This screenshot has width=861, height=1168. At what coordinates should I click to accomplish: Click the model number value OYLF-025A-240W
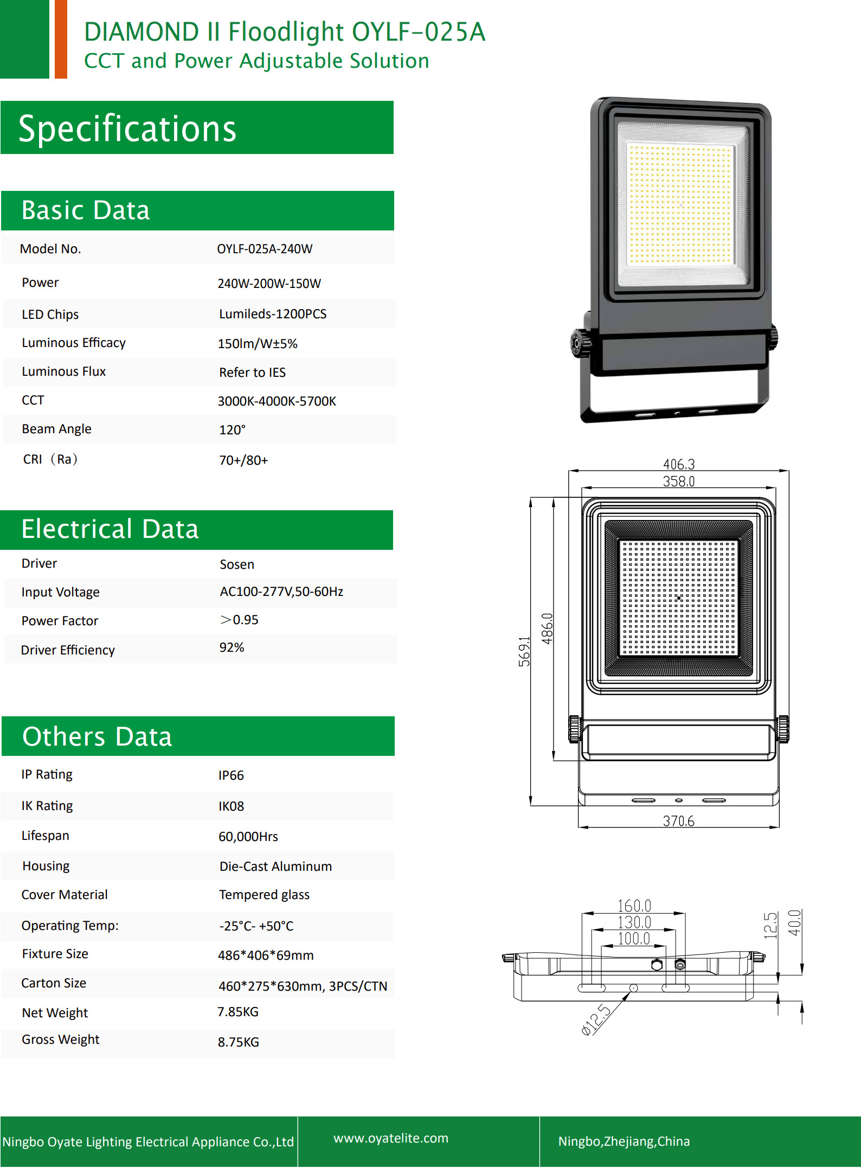coord(265,249)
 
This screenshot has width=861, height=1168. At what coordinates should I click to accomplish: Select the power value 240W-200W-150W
coord(269,284)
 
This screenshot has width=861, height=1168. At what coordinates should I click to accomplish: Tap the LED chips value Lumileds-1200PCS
coord(273,314)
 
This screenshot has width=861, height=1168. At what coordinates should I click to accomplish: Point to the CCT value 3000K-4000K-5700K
coord(277,401)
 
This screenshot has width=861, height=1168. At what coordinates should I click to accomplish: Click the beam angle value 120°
coord(232,430)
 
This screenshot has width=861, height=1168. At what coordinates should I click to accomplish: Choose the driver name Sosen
coord(237,564)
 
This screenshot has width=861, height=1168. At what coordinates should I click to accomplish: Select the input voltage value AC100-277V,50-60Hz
coord(281,592)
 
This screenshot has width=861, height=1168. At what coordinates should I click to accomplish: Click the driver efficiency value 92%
coord(232,647)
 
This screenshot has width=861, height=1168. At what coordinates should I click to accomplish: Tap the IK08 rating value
coord(231,806)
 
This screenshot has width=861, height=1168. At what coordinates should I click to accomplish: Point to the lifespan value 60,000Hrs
coord(248,837)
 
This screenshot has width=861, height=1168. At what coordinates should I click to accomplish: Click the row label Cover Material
coord(65,895)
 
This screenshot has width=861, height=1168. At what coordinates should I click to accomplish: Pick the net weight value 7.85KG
coord(238,1012)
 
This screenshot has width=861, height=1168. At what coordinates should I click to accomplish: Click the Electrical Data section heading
coord(110,529)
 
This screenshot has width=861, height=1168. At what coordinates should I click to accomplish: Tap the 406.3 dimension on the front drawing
coord(679,464)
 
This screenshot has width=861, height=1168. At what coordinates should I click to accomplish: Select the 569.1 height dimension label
coord(524,651)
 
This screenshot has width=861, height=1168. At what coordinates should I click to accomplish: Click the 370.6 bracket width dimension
coord(679,821)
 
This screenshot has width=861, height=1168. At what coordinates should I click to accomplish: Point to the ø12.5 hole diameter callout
coord(596,1020)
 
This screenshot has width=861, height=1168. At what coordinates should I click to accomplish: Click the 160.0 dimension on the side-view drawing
coord(634,906)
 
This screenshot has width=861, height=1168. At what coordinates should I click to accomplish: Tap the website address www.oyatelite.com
coord(391,1138)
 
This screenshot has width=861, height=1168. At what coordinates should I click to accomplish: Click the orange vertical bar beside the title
coord(61,39)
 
